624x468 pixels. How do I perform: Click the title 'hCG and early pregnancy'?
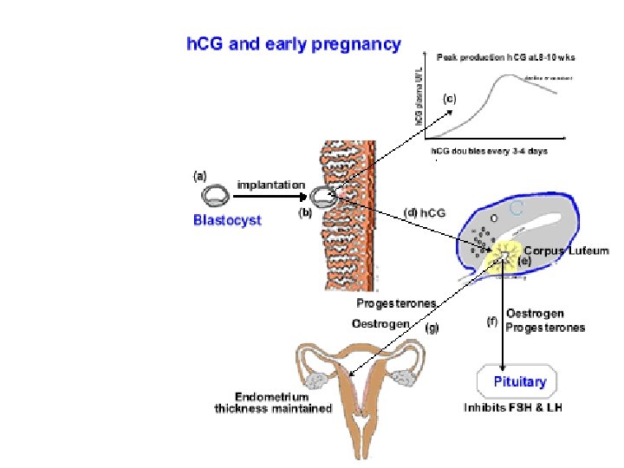[x=295, y=43]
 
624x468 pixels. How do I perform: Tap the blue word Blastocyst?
[x=227, y=220]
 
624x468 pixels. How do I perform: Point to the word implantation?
[x=271, y=185]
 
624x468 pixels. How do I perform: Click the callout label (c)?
[x=449, y=98]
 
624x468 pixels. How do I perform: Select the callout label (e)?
[x=524, y=260]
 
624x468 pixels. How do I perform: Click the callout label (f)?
[x=492, y=322]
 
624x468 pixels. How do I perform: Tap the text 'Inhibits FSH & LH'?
[x=513, y=406]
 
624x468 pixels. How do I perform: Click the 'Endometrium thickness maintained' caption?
[x=273, y=403]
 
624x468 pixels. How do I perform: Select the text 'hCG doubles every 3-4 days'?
[x=490, y=152]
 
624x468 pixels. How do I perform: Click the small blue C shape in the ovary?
[x=517, y=207]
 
